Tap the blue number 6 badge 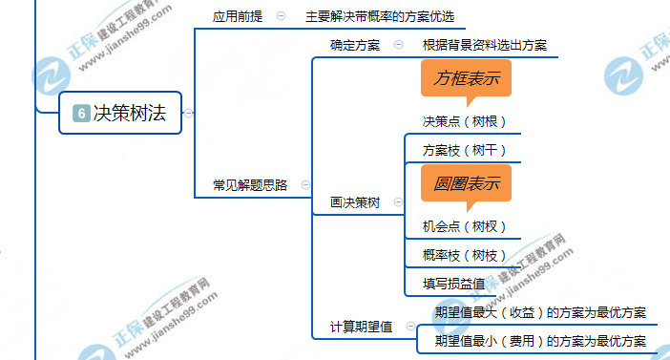[x=81, y=114]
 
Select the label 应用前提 [x=237, y=16]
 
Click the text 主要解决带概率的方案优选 [x=380, y=16]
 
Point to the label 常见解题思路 [x=250, y=185]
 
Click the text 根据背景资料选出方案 [x=485, y=45]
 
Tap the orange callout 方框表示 [x=466, y=78]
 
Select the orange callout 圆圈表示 [x=466, y=183]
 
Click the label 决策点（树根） [x=465, y=121]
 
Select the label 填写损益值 [x=454, y=284]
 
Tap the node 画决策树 [x=355, y=202]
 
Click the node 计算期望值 [x=362, y=327]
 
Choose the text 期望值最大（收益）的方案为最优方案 [x=540, y=312]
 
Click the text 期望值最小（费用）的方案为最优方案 [x=540, y=341]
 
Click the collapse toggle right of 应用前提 [x=281, y=16]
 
